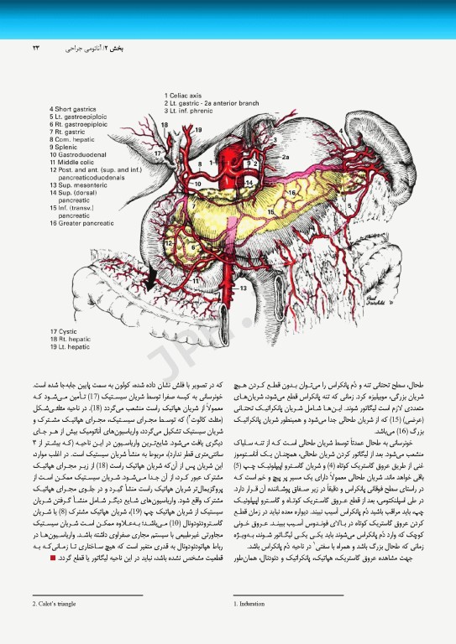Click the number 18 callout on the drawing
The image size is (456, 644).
[165, 125]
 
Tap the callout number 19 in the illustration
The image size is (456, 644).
[198, 129]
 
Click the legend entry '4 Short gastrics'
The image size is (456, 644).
[76, 109]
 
